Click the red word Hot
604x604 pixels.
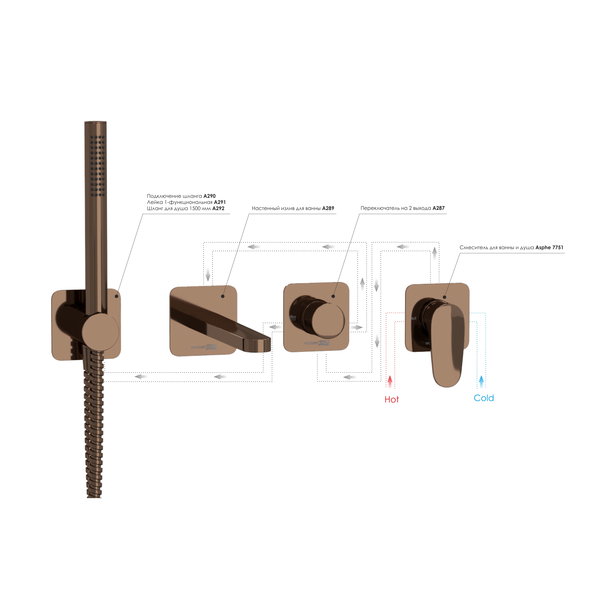tap(392, 400)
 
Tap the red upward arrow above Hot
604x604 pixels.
tap(390, 382)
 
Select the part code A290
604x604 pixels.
tap(210, 196)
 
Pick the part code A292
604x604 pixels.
tap(218, 209)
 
